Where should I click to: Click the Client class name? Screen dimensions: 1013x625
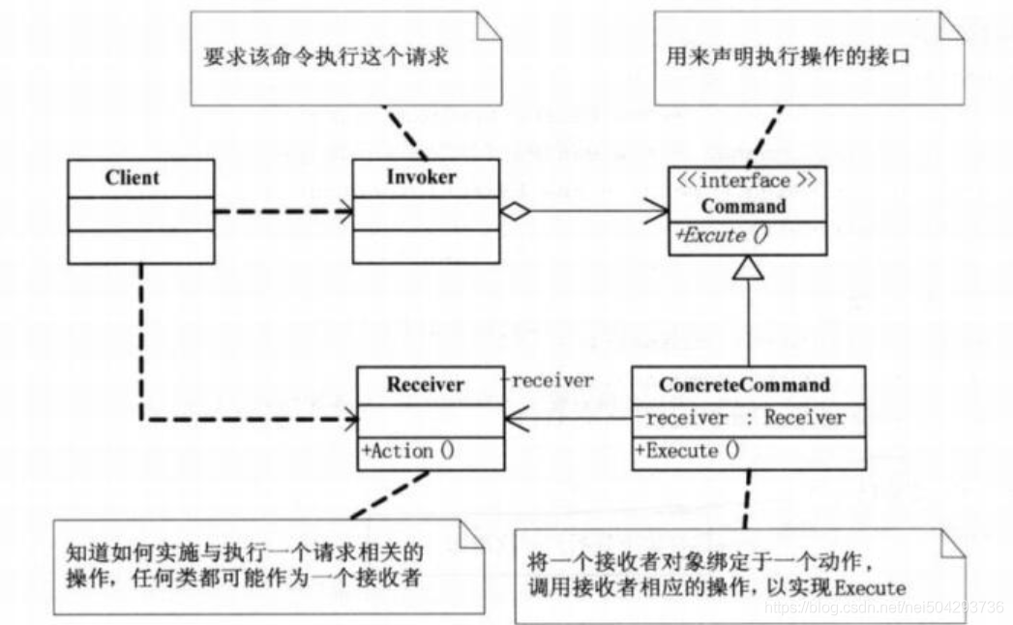(133, 177)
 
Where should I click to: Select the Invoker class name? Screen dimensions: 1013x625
(421, 176)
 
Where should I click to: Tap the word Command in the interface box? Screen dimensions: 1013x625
(744, 206)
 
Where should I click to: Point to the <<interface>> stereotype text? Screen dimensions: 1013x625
(746, 180)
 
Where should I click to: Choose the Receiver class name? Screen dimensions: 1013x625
(425, 384)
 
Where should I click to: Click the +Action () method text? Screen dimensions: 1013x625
(408, 451)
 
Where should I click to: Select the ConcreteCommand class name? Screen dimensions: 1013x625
(744, 384)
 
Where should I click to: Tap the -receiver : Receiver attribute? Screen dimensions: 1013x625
(740, 418)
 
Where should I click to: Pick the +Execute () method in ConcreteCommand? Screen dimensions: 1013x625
(687, 451)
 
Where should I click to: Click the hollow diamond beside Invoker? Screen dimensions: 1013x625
(515, 211)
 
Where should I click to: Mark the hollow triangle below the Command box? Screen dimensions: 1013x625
(748, 268)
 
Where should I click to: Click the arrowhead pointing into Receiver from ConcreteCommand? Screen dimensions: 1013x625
(517, 419)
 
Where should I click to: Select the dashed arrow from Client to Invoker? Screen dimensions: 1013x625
(283, 211)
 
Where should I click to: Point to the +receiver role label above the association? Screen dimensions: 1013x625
(548, 380)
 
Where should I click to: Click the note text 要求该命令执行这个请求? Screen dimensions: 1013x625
(326, 56)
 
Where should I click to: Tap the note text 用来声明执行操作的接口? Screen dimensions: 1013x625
(789, 56)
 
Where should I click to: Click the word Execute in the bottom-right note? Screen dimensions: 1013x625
(870, 588)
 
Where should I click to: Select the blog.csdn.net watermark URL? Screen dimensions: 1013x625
(883, 607)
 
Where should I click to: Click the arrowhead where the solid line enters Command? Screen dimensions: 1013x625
(656, 211)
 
